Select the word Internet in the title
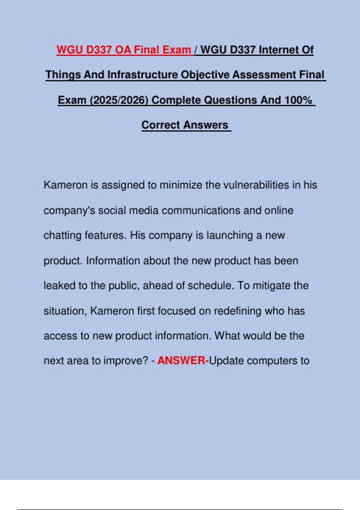[279, 49]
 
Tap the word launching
[229, 235]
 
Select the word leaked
[60, 285]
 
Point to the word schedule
[210, 285]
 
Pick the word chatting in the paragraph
[62, 235]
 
